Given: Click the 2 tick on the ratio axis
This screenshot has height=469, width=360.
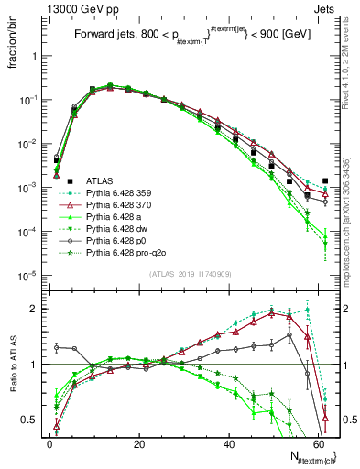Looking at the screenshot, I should [34, 309].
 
